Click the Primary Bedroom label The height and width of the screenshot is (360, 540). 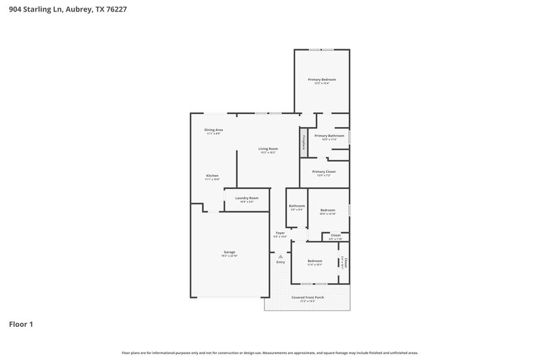[322, 80]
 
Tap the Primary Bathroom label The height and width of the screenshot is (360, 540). [329, 136]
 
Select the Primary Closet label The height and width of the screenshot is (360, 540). [324, 172]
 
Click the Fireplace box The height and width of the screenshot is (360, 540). [304, 143]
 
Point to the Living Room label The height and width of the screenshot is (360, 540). [268, 149]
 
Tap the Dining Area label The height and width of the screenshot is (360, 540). [213, 130]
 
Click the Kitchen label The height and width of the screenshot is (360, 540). [212, 176]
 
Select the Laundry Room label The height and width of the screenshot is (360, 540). [247, 198]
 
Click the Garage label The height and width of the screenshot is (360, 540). [230, 252]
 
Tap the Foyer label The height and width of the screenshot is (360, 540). [280, 232]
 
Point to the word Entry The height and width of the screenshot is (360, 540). [281, 262]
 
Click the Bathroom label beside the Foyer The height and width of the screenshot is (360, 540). [297, 205]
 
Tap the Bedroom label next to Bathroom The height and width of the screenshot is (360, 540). [327, 210]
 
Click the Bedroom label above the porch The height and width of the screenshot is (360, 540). [315, 261]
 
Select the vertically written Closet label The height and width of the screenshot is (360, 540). [344, 261]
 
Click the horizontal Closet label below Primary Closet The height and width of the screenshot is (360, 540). [335, 235]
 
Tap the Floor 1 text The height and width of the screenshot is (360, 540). [21, 324]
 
